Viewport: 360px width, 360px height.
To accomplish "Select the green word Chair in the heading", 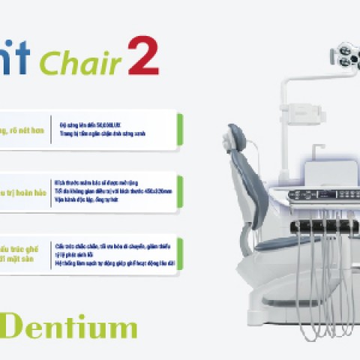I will tap(80, 64).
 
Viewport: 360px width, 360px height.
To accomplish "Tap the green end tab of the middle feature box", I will tap(181, 190).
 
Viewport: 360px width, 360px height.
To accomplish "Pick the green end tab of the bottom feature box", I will tap(181, 255).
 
